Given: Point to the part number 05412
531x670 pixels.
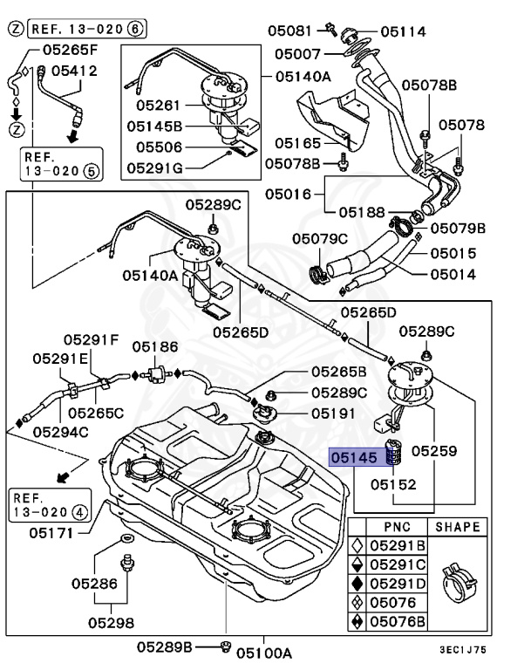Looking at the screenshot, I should coord(73,70).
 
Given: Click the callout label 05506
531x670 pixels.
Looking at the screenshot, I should coord(158,147).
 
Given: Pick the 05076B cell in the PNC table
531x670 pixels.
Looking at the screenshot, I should coord(397,621).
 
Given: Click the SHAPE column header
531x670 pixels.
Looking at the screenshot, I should coord(458,527).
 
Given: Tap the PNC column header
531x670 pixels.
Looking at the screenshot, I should coord(397,527).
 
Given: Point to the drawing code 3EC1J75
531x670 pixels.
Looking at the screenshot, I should coord(486,648).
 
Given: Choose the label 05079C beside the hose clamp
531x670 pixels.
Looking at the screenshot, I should coord(320,238).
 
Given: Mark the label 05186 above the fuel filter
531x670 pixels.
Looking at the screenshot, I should coord(154,347).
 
